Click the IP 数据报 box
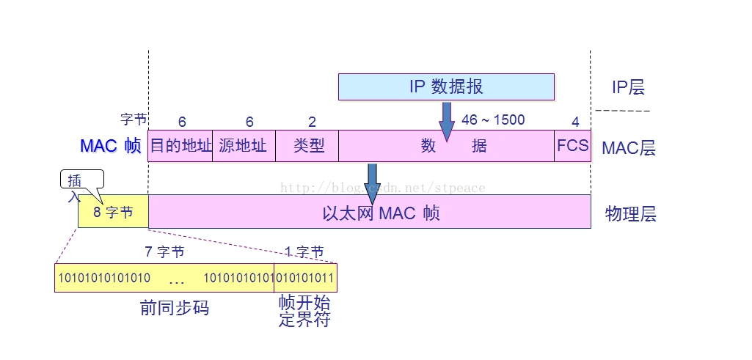point(446,87)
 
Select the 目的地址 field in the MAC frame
point(180,145)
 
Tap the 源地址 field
point(244,145)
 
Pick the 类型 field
point(307,145)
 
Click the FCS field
point(572,145)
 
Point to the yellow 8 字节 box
point(113,213)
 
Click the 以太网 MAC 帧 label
point(381,213)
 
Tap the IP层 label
point(628,87)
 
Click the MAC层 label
point(629,148)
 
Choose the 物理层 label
point(630,214)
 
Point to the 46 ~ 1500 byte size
point(493,120)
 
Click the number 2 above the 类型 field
point(312,122)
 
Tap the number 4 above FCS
point(575,122)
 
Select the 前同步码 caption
point(175,308)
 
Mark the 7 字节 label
point(164,252)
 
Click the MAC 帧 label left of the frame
point(110,146)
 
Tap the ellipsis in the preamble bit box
point(177,279)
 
